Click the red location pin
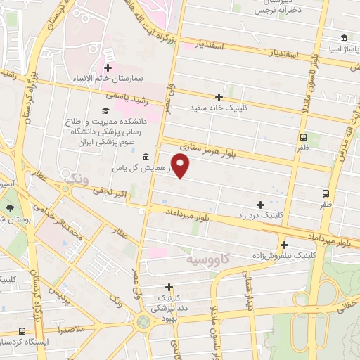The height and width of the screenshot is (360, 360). (x=181, y=166)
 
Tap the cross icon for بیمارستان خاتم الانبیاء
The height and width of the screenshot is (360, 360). (x=108, y=68)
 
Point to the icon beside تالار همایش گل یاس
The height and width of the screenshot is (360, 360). (x=145, y=156)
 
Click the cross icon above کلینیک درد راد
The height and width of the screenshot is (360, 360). (x=262, y=204)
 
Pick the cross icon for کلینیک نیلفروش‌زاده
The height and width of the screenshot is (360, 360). (x=285, y=245)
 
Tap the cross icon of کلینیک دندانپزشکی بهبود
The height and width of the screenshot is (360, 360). (x=169, y=287)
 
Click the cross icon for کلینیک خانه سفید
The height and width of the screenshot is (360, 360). (x=219, y=97)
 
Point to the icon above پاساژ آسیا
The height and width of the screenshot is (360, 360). (x=343, y=38)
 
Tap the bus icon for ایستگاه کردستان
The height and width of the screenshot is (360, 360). (x=22, y=331)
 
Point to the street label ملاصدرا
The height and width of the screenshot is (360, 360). (x=72, y=329)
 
